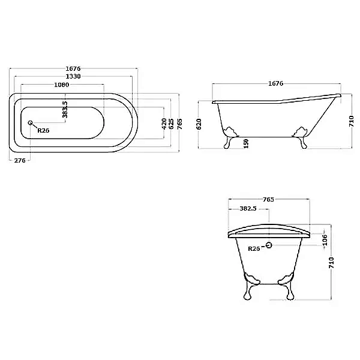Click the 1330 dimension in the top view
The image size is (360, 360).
(x=73, y=76)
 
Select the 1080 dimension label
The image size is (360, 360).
(x=62, y=85)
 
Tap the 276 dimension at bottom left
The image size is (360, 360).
(x=20, y=160)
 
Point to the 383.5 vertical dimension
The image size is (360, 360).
(x=65, y=110)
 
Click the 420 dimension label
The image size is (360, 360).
(x=164, y=124)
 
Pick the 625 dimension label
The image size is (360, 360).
(x=171, y=124)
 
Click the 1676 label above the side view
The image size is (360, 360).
(x=276, y=83)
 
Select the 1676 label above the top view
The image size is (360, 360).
(x=73, y=68)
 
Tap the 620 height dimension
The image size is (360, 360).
(x=199, y=124)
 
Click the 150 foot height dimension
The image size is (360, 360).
(x=246, y=143)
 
